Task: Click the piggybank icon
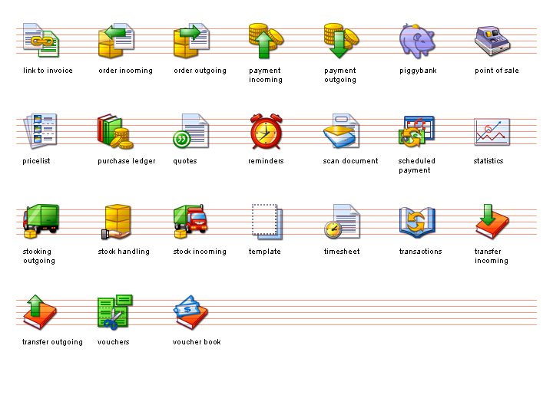click(x=417, y=41)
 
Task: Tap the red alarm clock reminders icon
click(x=266, y=131)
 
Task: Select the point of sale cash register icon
click(x=492, y=41)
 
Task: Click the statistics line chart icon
click(x=492, y=132)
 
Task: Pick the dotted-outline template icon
click(x=267, y=222)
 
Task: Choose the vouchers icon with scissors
click(x=115, y=312)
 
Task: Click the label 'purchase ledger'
click(x=126, y=161)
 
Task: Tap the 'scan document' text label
click(x=350, y=161)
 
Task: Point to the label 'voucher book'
click(x=197, y=342)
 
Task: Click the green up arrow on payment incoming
click(x=263, y=44)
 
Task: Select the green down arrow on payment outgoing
click(x=339, y=44)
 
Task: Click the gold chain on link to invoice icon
click(x=42, y=41)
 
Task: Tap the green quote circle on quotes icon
click(x=181, y=139)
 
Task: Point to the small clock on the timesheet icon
click(x=333, y=229)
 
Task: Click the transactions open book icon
click(x=417, y=222)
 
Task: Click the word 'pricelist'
click(x=36, y=161)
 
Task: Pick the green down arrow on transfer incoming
click(x=488, y=215)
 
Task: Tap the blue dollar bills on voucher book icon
click(x=187, y=308)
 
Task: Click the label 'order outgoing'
click(x=200, y=71)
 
